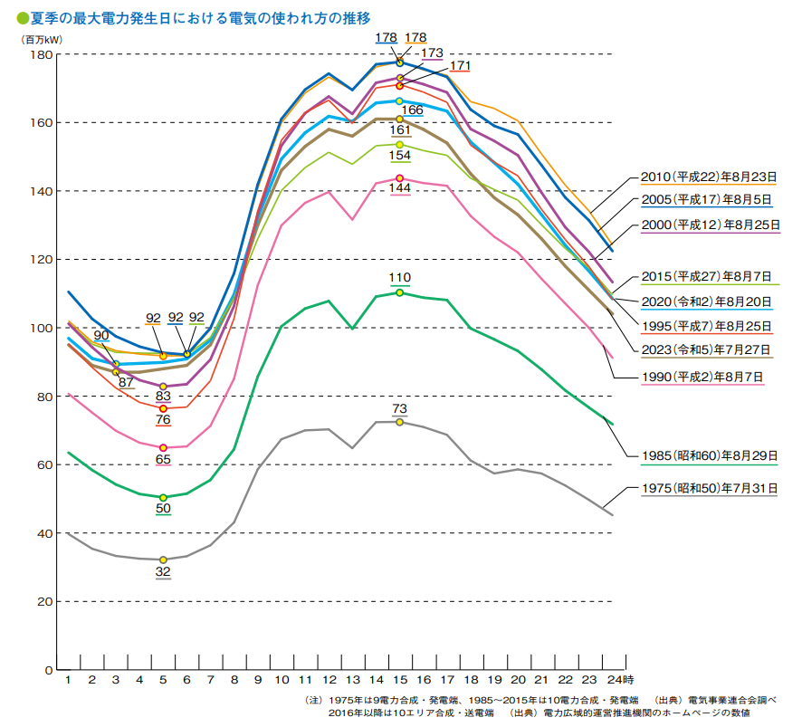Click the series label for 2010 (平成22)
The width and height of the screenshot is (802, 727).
click(708, 177)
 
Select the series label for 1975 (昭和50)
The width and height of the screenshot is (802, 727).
click(708, 488)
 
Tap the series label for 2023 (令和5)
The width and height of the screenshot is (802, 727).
click(708, 349)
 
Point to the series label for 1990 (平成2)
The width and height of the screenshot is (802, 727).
click(708, 377)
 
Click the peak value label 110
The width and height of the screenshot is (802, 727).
click(400, 277)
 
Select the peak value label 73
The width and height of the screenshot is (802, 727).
click(400, 409)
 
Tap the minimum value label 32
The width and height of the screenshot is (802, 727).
click(163, 571)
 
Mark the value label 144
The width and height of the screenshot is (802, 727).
click(400, 187)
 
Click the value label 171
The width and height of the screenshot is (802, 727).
click(460, 66)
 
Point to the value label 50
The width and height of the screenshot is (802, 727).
click(163, 509)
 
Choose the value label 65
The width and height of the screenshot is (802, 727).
click(163, 460)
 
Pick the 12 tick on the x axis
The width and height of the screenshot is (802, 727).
click(329, 679)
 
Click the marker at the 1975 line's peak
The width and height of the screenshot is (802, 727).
click(399, 422)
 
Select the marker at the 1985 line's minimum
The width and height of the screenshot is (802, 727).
click(163, 497)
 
